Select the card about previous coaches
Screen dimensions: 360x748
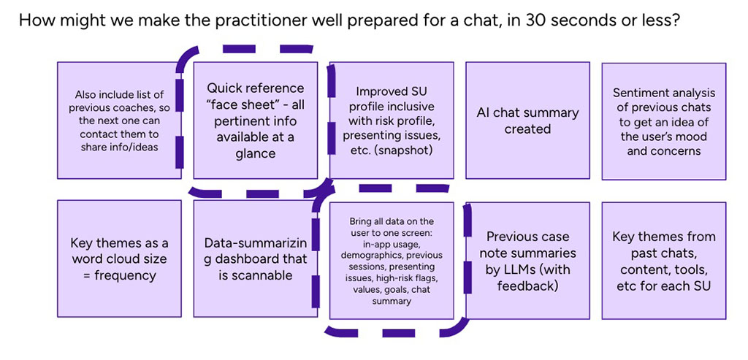118,120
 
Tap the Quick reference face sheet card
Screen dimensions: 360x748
255,120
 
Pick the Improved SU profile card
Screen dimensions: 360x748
391,120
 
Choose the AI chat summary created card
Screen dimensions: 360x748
527,120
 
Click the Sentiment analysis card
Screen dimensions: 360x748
663,120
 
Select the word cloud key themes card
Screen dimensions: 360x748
118,259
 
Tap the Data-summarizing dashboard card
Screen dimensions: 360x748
255,259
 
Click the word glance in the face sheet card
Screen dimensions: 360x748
255,153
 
